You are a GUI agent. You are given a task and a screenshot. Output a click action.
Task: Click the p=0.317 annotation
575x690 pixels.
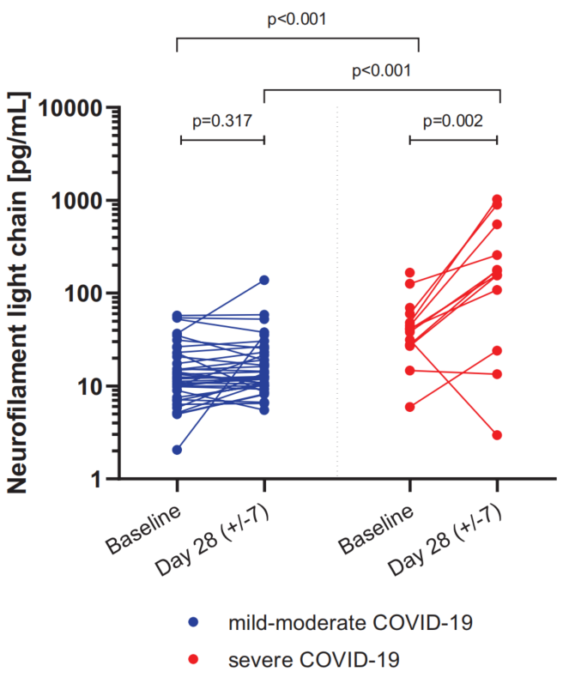pyautogui.click(x=221, y=120)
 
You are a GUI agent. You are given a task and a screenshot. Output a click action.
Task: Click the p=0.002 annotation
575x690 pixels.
pyautogui.click(x=453, y=120)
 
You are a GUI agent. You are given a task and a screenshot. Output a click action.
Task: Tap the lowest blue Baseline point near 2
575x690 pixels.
pyautogui.click(x=177, y=450)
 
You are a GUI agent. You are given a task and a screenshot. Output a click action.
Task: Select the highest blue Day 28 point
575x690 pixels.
pyautogui.click(x=264, y=281)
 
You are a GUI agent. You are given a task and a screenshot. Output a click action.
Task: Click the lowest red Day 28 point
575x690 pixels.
pyautogui.click(x=497, y=435)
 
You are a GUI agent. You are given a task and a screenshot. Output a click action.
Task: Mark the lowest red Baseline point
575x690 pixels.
pyautogui.click(x=410, y=407)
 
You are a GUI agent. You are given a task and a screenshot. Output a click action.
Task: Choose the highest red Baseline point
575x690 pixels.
pyautogui.click(x=410, y=273)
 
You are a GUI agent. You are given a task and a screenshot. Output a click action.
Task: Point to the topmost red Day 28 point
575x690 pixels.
pyautogui.click(x=497, y=200)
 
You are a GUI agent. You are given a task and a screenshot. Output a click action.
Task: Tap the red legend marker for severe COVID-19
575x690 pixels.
pyautogui.click(x=194, y=659)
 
